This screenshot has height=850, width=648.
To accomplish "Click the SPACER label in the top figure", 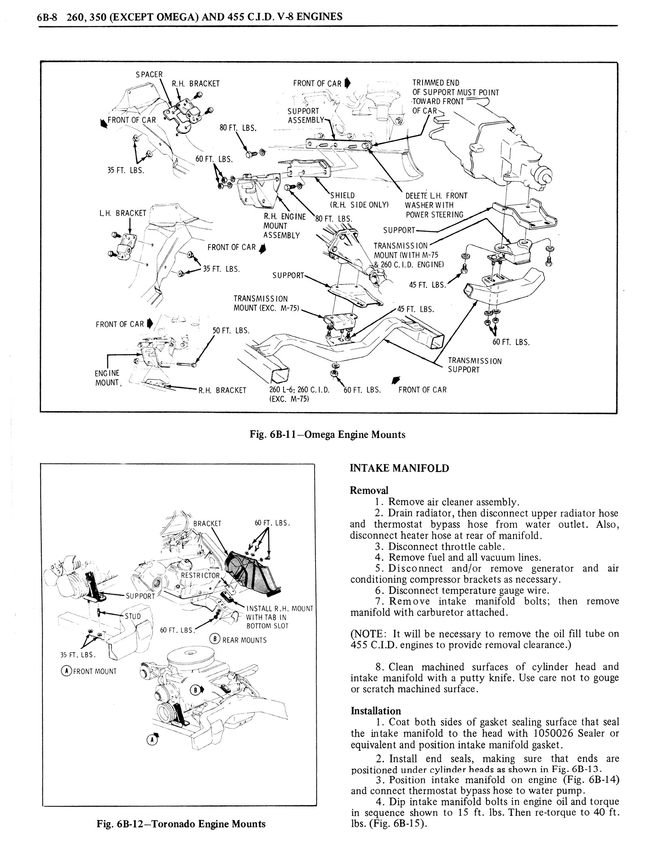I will [x=149, y=74].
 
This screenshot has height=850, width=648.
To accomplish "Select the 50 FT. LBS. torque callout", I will [x=231, y=331].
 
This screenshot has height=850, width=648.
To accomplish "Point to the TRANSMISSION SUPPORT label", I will [x=474, y=365].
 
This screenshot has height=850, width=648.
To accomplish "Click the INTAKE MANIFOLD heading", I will [x=399, y=468].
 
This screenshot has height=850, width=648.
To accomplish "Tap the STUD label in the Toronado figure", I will [x=132, y=616].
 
